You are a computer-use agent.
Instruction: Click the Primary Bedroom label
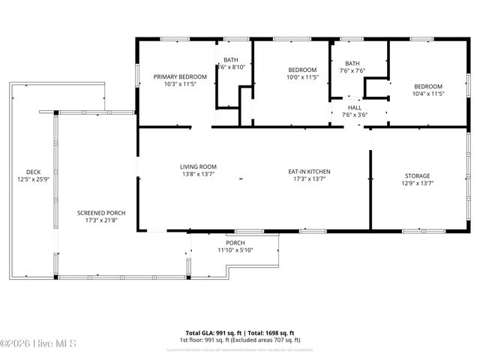(180, 76)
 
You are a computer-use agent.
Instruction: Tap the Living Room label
(198, 166)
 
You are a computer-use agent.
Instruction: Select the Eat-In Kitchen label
(310, 172)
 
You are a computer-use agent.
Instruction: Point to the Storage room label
(418, 176)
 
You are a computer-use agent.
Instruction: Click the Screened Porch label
(101, 213)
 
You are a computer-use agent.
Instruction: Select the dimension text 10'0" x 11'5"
(302, 77)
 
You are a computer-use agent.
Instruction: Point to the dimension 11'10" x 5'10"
(235, 250)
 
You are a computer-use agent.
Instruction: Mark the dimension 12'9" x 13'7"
(418, 183)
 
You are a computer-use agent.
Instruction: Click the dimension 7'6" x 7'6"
(352, 71)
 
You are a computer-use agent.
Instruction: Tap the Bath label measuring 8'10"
(231, 59)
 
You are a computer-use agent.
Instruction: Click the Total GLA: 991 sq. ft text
(211, 333)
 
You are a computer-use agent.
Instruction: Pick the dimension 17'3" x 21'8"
(101, 220)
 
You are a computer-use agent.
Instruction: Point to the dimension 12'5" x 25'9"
(33, 180)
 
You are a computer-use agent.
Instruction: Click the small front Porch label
(235, 243)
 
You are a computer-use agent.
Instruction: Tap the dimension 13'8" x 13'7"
(198, 174)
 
